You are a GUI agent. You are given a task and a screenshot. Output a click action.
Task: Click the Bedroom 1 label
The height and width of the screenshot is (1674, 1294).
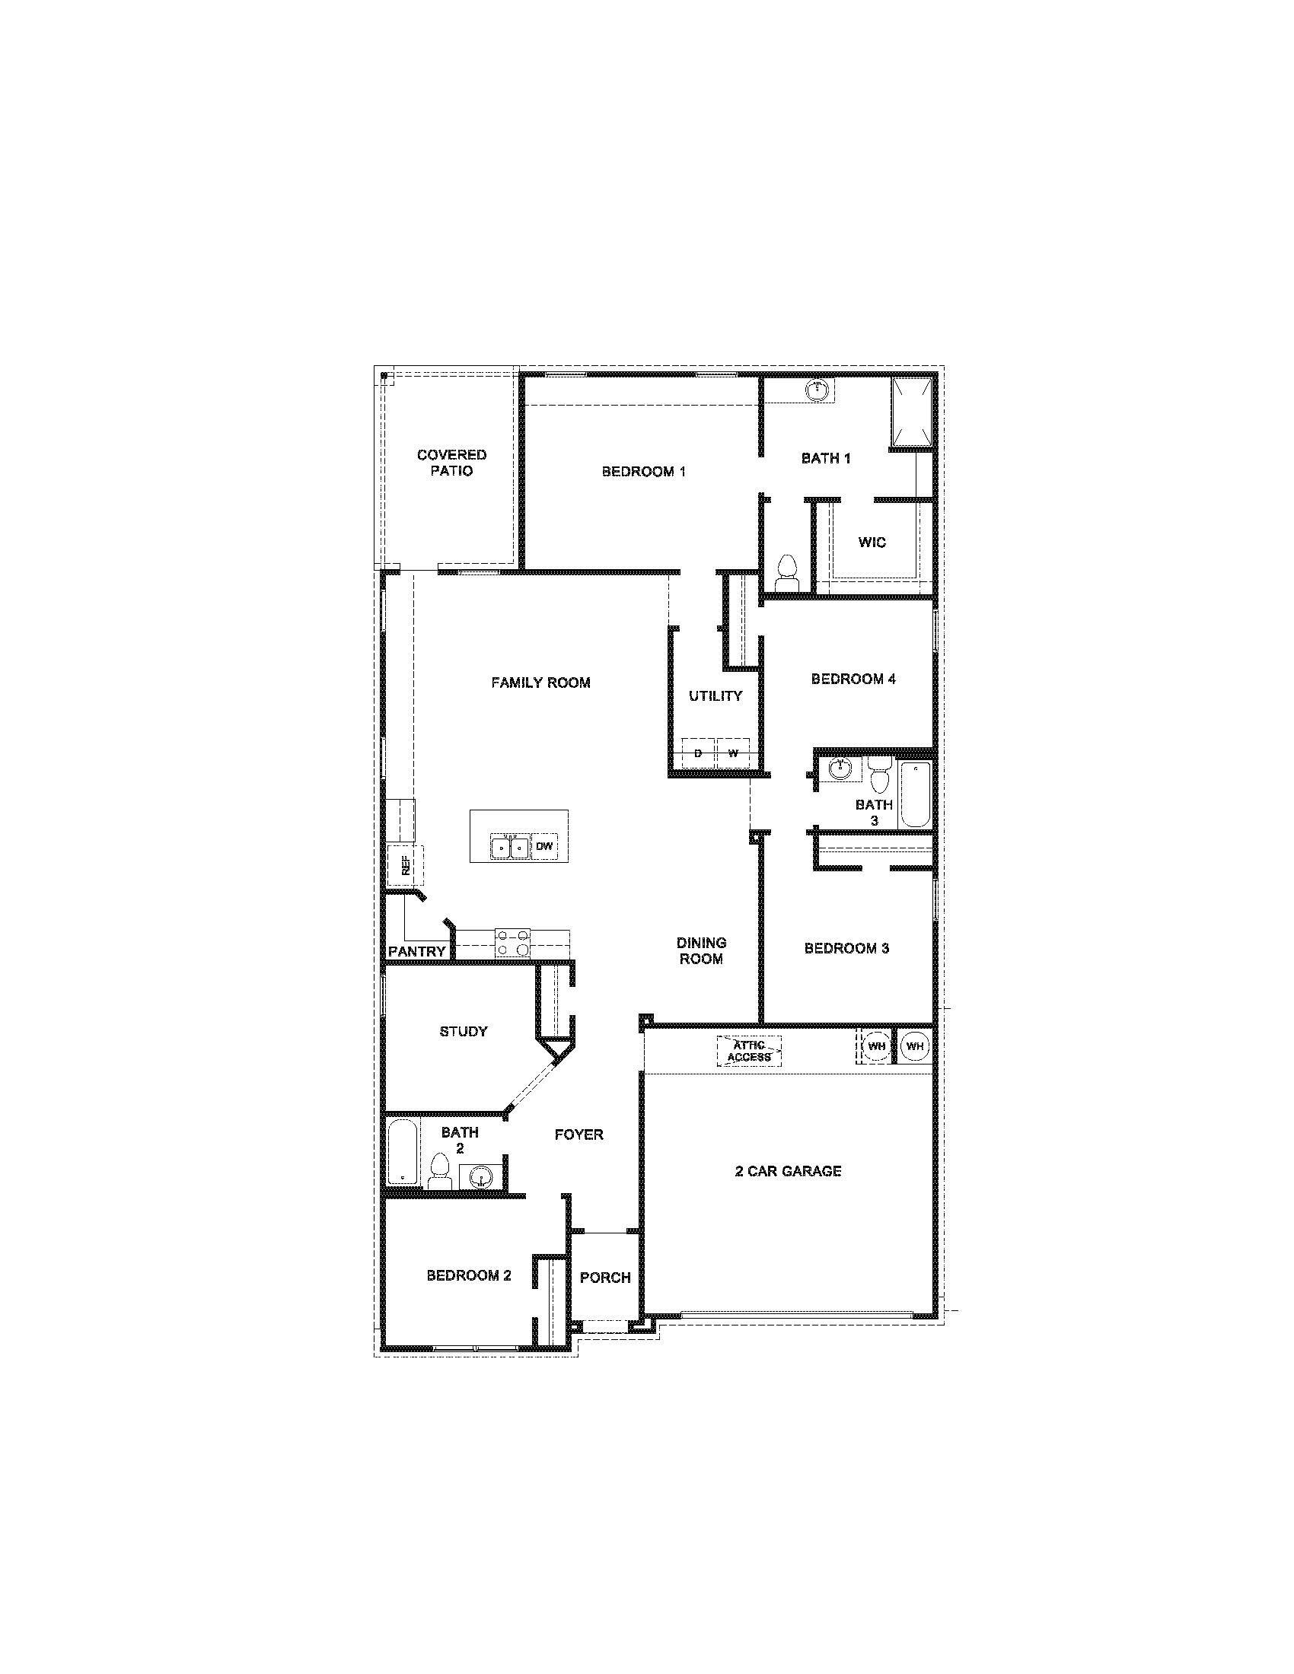[x=643, y=472]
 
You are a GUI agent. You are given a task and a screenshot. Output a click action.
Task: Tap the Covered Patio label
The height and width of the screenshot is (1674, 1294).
[x=451, y=463]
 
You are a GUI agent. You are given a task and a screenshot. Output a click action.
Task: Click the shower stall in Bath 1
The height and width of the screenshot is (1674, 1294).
[x=912, y=412]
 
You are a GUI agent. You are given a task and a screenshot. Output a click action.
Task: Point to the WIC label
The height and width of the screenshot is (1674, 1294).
[x=872, y=543]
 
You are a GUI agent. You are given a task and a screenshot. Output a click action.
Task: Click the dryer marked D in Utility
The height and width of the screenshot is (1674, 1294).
[x=697, y=753]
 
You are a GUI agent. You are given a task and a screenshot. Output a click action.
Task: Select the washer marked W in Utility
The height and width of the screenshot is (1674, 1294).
[x=733, y=753]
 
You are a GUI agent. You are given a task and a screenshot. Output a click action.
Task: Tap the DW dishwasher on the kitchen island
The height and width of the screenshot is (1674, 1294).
[x=544, y=847]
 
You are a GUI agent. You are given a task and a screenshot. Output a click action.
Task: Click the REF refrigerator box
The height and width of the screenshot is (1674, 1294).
[x=405, y=866]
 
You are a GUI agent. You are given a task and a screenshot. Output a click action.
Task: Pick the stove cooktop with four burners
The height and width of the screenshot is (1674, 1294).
[x=513, y=943]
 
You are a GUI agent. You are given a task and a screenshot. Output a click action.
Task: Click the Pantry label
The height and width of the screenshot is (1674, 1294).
[x=416, y=952]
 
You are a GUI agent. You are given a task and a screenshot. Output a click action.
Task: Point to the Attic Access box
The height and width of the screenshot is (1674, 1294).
[x=749, y=1051]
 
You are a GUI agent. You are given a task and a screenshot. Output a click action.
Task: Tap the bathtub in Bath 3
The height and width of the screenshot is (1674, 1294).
[x=915, y=794]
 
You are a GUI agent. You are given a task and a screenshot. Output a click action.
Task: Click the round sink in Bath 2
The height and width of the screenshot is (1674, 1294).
[x=480, y=1176]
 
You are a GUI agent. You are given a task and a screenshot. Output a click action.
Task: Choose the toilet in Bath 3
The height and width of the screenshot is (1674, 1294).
[x=880, y=774]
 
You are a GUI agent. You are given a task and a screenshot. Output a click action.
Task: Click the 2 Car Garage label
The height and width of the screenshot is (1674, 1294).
[x=788, y=1171]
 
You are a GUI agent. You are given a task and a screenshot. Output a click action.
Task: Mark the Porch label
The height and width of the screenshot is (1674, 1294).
[x=605, y=1278]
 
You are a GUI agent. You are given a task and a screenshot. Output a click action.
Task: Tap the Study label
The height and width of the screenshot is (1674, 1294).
[x=463, y=1032]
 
